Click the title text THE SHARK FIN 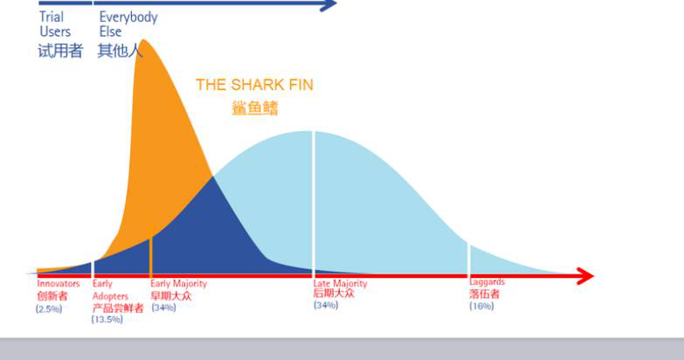point(254,85)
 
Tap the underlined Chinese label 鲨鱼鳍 point(255,107)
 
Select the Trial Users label point(55,24)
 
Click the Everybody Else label point(128,24)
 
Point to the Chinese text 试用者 point(60,51)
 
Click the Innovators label point(59,284)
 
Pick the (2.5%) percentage point(49,309)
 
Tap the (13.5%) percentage point(107,320)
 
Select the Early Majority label point(179,284)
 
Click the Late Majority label point(341,284)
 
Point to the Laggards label point(487,282)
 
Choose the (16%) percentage point(481,306)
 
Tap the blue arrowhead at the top point(329,4)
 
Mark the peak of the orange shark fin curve point(143,39)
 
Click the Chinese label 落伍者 point(484,294)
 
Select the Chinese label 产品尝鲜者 point(118,308)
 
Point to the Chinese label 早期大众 point(171,296)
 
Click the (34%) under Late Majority point(326,305)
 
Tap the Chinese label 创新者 point(52,296)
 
